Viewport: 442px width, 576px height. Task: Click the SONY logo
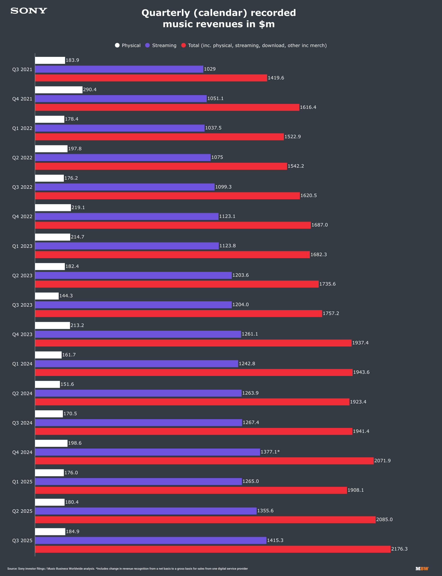(x=29, y=11)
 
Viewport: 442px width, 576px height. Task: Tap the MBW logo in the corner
(x=422, y=569)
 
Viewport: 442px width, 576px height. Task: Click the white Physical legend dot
(x=117, y=45)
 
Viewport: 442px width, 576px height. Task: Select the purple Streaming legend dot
(x=147, y=45)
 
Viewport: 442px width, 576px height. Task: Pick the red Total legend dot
(x=183, y=45)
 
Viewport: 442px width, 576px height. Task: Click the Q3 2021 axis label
(x=22, y=70)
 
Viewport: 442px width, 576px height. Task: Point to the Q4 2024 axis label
(x=22, y=452)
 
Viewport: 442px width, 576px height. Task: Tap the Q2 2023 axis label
(x=22, y=275)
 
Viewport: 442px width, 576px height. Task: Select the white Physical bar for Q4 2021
(x=59, y=90)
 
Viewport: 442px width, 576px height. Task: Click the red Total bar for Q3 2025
(x=213, y=549)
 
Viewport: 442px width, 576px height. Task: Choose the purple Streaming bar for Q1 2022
(x=120, y=128)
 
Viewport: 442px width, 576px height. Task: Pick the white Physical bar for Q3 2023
(x=47, y=296)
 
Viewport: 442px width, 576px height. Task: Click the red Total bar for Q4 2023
(x=193, y=343)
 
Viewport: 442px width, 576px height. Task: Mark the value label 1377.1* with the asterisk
(x=270, y=452)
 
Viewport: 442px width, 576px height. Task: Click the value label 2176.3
(x=399, y=549)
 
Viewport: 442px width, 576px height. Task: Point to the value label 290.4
(x=90, y=89)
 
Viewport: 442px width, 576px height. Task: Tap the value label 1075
(x=217, y=157)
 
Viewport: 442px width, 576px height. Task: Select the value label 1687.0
(x=319, y=225)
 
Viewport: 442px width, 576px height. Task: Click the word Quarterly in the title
(x=166, y=13)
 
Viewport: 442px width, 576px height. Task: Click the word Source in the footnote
(x=12, y=569)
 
